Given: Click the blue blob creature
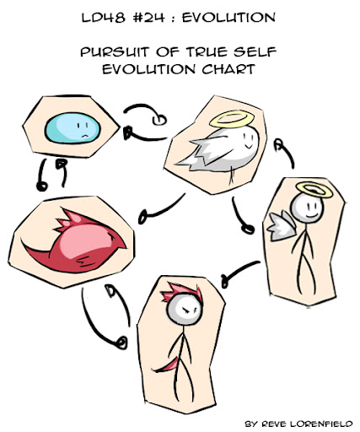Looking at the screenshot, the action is (73, 128).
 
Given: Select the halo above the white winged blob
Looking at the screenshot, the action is (232, 119).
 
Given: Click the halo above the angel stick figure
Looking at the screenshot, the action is (314, 189).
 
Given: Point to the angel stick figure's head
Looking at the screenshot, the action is (307, 208).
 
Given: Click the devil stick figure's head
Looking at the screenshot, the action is (185, 310).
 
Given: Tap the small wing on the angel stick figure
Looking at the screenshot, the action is (282, 226).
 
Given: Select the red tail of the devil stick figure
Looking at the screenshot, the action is (166, 365).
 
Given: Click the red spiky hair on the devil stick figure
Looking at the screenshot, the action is (182, 291).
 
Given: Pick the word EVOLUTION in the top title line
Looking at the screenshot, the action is (228, 18).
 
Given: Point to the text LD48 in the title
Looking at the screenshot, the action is (103, 18).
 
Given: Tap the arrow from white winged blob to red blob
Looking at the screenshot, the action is (163, 209).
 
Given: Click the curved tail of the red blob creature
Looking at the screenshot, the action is (36, 251).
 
